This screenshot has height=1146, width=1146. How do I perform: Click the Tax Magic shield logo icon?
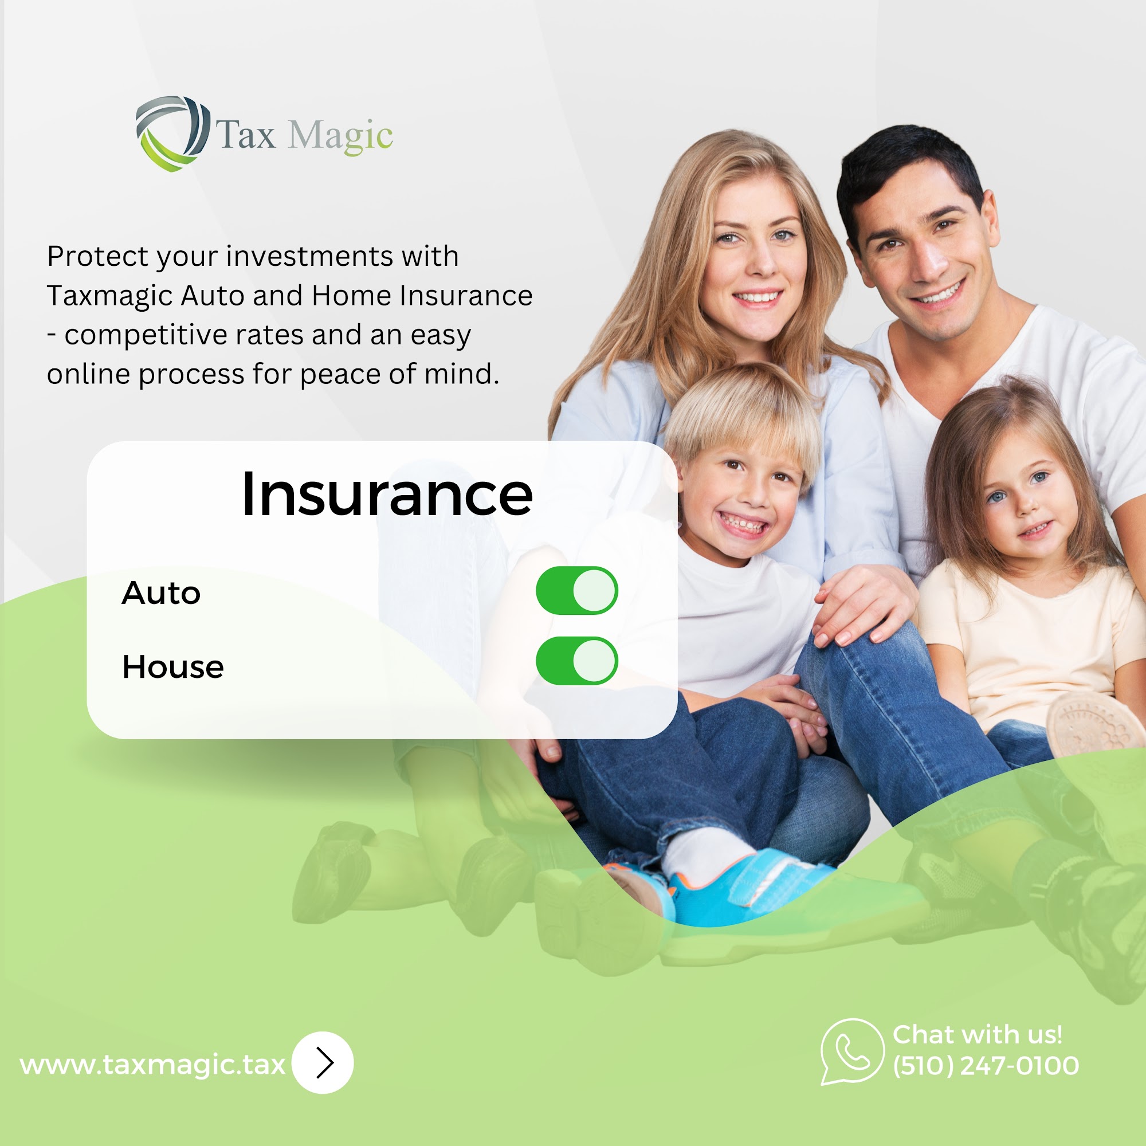coord(172,134)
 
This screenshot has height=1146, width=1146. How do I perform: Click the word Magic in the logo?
coord(340,136)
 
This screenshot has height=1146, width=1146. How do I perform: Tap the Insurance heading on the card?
coord(387,494)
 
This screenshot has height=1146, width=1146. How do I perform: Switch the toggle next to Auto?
coord(576,590)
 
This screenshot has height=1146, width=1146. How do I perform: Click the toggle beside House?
coord(576,661)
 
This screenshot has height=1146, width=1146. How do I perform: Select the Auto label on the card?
coord(162,593)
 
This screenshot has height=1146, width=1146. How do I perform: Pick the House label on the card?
coord(173,667)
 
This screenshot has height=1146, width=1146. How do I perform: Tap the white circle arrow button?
coord(323,1062)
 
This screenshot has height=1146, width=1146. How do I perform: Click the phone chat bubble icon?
coord(852,1051)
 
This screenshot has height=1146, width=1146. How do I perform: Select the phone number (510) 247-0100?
coord(986,1066)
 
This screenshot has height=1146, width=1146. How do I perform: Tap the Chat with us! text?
coord(978,1034)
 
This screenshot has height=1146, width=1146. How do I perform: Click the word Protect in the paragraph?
coord(98,257)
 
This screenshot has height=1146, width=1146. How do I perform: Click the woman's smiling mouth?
coord(757,297)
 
